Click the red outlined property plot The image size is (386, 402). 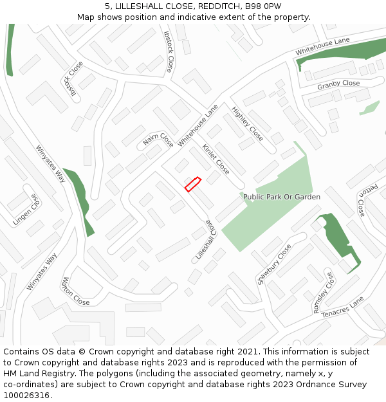coord(193,184)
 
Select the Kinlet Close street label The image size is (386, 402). coord(216,159)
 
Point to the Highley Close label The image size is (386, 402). coord(247,123)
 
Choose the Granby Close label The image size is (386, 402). coord(338,84)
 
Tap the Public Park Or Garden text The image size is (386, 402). coord(281,197)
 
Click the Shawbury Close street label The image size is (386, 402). coord(274,264)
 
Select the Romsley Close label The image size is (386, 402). coord(324,293)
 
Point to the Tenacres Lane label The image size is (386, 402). coord(342,307)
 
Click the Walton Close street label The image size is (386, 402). coord(75,291)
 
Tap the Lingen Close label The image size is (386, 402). coord(26,210)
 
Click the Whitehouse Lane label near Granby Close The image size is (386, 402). coord(322,45)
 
